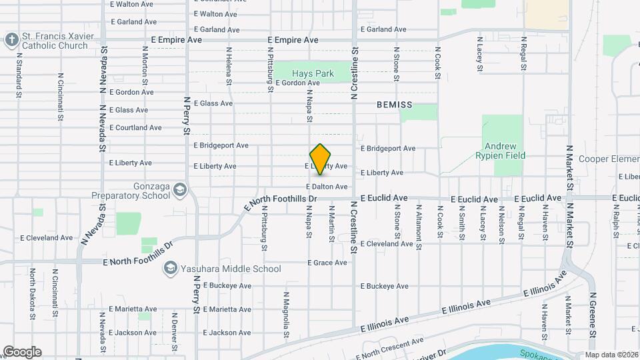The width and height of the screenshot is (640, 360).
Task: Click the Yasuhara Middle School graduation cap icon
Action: pos(169,268)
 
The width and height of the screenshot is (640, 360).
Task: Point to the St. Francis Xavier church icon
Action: pos(11,40)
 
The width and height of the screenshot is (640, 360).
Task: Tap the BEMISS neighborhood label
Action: pos(394,105)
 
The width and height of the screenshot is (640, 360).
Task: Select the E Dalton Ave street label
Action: pos(327,187)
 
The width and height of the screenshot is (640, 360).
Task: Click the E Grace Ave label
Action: pos(327,263)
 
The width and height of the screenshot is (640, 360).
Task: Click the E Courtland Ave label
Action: pos(135,127)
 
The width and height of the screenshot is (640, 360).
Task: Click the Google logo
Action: pos(22,352)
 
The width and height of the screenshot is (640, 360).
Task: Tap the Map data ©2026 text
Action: pos(611,355)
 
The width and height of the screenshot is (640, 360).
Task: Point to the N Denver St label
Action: pos(174,331)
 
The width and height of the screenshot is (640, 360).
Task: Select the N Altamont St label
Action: pos(419,228)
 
